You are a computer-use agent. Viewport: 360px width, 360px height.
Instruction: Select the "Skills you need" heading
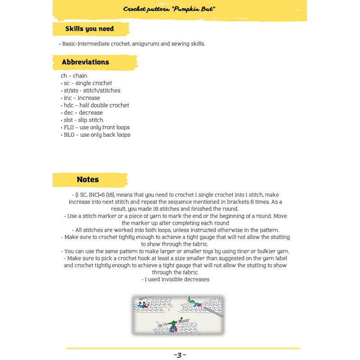tap(90, 29)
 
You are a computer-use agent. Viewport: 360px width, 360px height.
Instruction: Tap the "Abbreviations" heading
tap(85, 62)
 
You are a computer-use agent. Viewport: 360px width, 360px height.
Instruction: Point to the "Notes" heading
tap(88, 179)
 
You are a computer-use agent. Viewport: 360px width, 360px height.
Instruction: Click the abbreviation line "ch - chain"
tap(74, 76)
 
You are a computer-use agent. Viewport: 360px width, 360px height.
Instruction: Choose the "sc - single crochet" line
tap(86, 83)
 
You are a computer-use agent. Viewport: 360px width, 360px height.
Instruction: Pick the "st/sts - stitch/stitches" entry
tap(90, 90)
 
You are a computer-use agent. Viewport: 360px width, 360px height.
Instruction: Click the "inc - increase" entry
tap(80, 98)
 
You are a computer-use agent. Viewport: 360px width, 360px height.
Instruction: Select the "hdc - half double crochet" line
tap(94, 105)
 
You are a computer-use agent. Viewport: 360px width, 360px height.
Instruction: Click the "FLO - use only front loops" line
tap(95, 127)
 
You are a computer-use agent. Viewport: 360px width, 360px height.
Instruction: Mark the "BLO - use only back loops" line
tap(95, 135)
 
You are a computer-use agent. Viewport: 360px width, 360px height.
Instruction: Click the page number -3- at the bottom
tap(180, 355)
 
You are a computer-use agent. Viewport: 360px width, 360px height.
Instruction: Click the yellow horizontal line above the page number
tap(183, 348)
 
